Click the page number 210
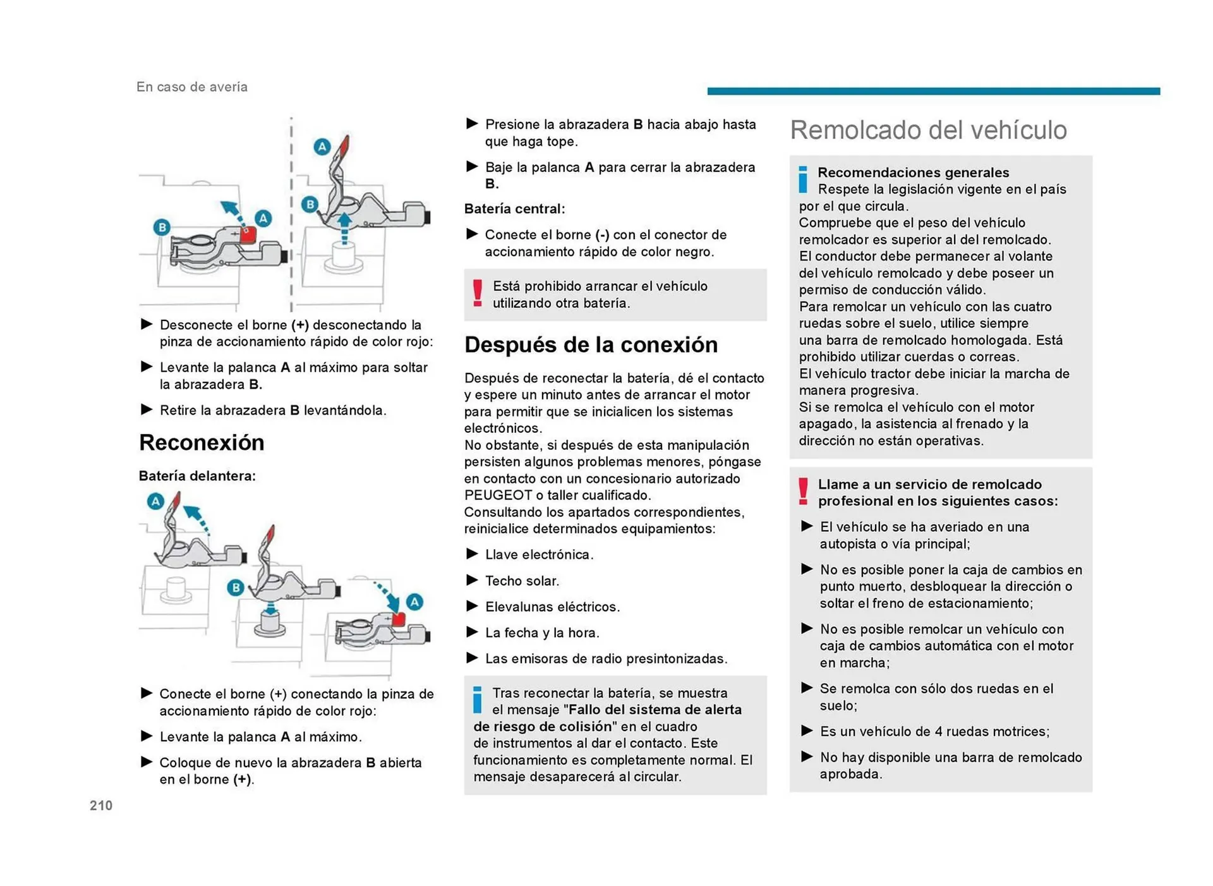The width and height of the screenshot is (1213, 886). pos(101,805)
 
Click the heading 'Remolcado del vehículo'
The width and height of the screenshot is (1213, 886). pos(927,130)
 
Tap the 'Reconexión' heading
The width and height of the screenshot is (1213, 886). pos(202,442)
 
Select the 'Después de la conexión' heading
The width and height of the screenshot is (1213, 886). pos(591,344)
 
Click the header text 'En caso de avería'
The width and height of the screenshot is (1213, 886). pos(191,87)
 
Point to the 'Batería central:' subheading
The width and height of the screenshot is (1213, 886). pos(514,209)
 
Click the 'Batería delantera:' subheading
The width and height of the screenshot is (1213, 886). pos(197,476)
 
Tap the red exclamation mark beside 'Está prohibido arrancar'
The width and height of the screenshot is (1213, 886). pos(478,293)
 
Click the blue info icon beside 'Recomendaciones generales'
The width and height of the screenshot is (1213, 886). pos(802,179)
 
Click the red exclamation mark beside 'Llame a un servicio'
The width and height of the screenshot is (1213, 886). pos(803,491)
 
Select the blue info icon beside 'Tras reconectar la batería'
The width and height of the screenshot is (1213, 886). pos(478,700)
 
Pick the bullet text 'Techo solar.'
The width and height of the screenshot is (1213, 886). pos(522,581)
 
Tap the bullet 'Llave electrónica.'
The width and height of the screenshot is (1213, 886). pos(539,555)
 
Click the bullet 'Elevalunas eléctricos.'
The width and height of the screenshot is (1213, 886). pos(552,607)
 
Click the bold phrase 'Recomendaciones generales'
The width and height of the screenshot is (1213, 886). pos(913,173)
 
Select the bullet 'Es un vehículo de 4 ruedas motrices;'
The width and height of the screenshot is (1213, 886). pos(934,731)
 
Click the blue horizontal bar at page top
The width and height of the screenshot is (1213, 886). pos(933,92)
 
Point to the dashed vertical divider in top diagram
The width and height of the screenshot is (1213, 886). pos(291,215)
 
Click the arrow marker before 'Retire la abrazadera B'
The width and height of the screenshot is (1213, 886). pos(147,410)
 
